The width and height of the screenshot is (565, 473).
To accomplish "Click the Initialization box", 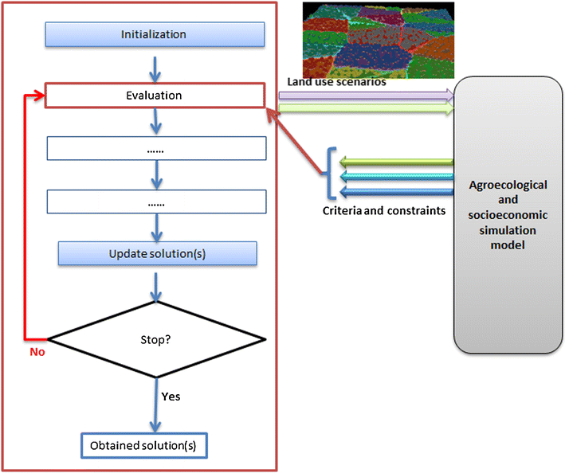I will point(155,34).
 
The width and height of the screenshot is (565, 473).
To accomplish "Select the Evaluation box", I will point(155,96).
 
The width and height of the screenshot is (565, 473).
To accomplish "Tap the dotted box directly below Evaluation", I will point(156,149).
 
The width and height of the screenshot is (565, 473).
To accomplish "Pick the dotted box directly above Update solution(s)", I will point(156,202).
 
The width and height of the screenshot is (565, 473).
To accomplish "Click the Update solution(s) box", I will point(156,254).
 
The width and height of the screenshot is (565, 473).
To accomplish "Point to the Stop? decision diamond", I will point(156,340).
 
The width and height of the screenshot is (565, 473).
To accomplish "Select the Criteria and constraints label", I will point(383,211).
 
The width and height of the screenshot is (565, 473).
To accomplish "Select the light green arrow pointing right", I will point(367,107).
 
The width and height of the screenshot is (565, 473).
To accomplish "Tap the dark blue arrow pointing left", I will point(394,191).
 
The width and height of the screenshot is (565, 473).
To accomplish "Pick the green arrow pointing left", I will point(394,163).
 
